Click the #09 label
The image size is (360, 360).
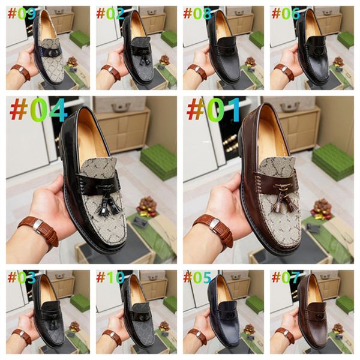pyautogui.click(x=22, y=14)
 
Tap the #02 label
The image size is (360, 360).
pyautogui.click(x=110, y=14)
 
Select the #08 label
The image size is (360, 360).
pyautogui.click(x=197, y=14)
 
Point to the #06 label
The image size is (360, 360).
pyautogui.click(x=286, y=14)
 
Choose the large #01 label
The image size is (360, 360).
pyautogui.click(x=214, y=110)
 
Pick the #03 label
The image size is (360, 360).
pyautogui.click(x=22, y=277)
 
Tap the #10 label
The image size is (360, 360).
pyautogui.click(x=110, y=277)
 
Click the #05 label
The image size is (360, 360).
pyautogui.click(x=197, y=277)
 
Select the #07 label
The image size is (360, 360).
pyautogui.click(x=286, y=277)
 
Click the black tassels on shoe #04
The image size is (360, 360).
pyautogui.click(x=107, y=203)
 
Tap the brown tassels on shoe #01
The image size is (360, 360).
pyautogui.click(x=283, y=202)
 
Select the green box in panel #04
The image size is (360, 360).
pyautogui.click(x=158, y=162)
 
